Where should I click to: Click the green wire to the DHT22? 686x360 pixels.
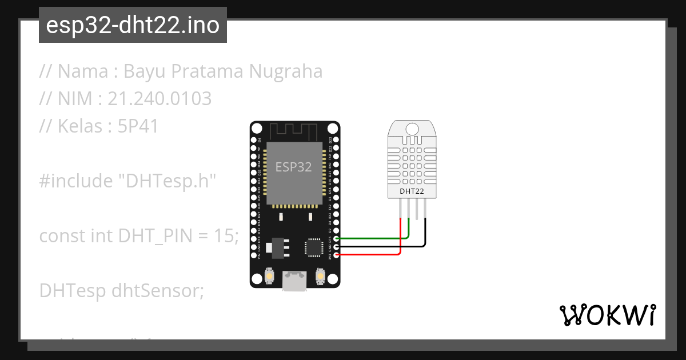[372, 238]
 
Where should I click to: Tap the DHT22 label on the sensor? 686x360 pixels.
[412, 191]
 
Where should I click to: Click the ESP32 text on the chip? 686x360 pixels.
[294, 167]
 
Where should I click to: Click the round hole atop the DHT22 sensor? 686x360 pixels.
[412, 127]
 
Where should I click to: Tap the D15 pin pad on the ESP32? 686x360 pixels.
[336, 238]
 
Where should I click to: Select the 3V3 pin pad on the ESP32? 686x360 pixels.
[336, 255]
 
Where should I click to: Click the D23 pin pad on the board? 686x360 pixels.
[336, 139]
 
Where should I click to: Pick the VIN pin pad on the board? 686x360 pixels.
[254, 255]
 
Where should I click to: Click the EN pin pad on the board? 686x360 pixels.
[254, 139]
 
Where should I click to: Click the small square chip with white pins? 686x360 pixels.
[314, 247]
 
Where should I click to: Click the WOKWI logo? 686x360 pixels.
[607, 315]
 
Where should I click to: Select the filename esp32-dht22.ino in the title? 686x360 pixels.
[133, 25]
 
